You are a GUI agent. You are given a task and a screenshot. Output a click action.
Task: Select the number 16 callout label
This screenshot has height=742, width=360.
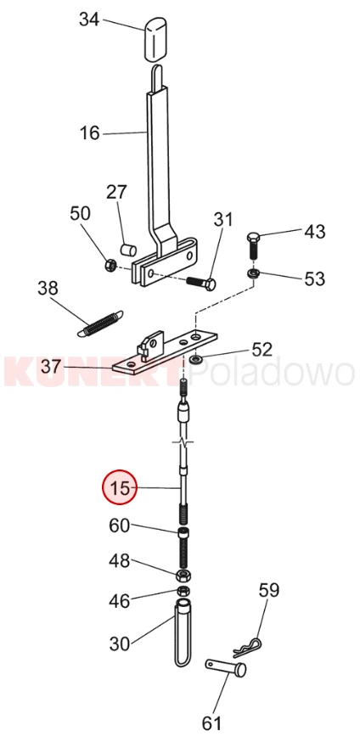coord(89,133)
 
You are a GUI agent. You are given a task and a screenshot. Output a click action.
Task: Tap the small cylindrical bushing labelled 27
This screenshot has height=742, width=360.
coord(128,249)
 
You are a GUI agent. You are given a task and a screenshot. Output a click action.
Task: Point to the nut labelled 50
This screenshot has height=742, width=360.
coord(110,265)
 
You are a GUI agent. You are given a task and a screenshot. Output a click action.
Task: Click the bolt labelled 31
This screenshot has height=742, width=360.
coord(201,283)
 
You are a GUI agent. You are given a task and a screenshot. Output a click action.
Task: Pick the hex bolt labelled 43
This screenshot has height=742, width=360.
coord(253,245)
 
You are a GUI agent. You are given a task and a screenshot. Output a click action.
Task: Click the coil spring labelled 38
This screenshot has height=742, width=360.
coord(100,324)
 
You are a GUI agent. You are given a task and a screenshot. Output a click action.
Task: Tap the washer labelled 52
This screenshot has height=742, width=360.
coord(195,360)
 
